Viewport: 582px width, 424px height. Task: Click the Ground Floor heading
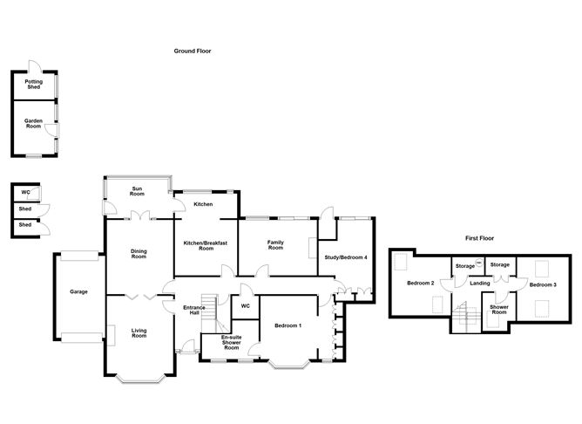coord(193,51)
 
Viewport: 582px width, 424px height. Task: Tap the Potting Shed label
coord(34,85)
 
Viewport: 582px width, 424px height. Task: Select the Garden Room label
coord(34,125)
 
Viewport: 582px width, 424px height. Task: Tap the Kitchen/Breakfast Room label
coord(206,246)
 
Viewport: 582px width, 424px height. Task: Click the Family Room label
coord(275,245)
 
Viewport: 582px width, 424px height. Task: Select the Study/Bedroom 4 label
coord(346,257)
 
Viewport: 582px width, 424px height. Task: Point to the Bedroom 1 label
coord(288,326)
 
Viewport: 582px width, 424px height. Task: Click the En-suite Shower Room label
coord(231,342)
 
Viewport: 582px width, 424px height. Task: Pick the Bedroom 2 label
coord(420,284)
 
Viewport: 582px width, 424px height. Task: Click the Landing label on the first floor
coord(480,283)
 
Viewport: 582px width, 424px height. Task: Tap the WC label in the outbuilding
coord(26,191)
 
